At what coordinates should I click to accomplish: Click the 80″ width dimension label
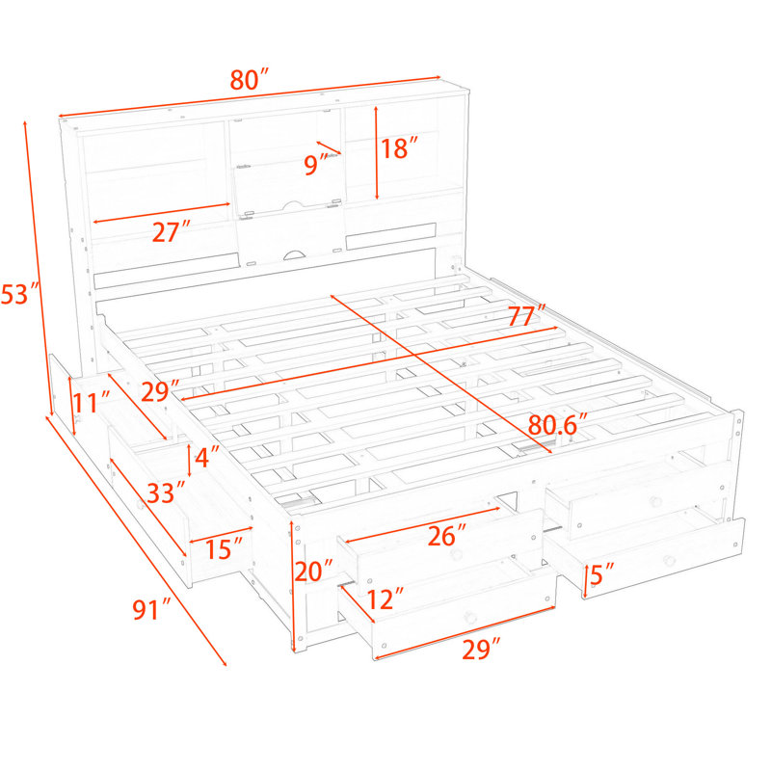[250, 80]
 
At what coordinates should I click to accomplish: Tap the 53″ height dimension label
[19, 294]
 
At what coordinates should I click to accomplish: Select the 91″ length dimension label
[151, 610]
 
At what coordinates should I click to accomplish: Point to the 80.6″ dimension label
[558, 424]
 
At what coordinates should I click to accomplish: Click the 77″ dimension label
[526, 315]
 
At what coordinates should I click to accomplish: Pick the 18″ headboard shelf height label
[399, 148]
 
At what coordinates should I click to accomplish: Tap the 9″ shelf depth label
[315, 164]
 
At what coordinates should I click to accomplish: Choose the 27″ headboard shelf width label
[172, 232]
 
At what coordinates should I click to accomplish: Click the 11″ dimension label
[92, 402]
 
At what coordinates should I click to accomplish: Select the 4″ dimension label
[206, 457]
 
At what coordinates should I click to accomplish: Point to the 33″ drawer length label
[166, 492]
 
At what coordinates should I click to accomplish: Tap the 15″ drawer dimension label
[224, 548]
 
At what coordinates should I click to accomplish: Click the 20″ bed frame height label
[314, 571]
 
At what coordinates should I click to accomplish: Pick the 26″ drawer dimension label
[446, 536]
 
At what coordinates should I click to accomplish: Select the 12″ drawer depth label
[385, 598]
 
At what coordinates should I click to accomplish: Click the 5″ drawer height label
[601, 574]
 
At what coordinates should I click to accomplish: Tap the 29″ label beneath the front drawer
[481, 649]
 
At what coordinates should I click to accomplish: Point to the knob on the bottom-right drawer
[668, 560]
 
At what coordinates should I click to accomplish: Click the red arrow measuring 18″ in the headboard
[376, 153]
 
